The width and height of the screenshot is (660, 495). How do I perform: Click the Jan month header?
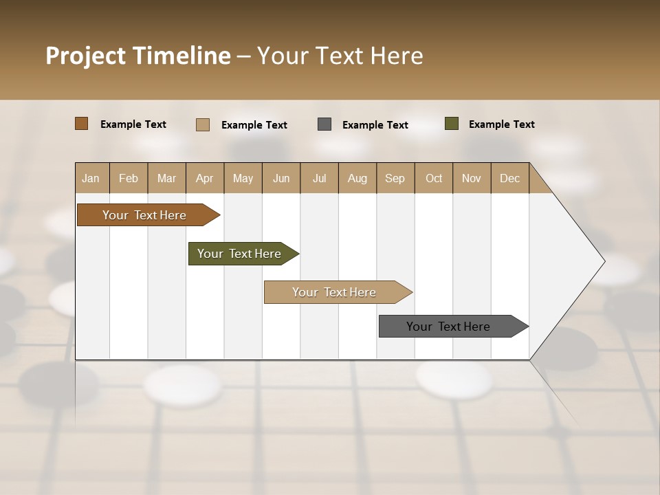(x=91, y=178)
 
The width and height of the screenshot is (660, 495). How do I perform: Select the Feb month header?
(x=129, y=178)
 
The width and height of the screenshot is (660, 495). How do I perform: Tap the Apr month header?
(x=204, y=178)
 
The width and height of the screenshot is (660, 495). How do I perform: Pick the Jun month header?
(x=281, y=178)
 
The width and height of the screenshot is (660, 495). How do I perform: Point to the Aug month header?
(x=357, y=178)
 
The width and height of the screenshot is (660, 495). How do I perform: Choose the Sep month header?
(x=395, y=178)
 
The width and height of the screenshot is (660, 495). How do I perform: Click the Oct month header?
(x=434, y=178)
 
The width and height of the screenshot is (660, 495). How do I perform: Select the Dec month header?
(x=509, y=178)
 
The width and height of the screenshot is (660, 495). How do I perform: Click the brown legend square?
(x=82, y=124)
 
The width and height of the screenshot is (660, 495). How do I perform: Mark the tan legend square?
(x=203, y=124)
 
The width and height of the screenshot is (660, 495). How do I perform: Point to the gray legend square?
(x=324, y=124)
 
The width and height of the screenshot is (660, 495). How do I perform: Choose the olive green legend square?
(x=452, y=124)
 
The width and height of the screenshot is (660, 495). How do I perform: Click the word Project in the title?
(x=86, y=56)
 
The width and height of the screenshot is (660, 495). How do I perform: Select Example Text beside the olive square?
(x=501, y=124)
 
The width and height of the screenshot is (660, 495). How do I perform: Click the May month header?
(x=243, y=178)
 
